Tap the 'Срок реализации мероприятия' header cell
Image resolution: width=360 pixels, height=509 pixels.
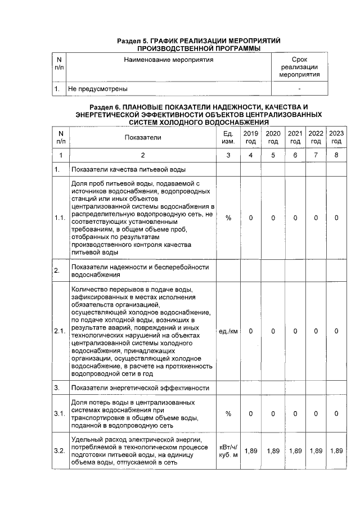pyautogui.click(x=299, y=67)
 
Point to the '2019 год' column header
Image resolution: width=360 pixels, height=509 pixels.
pyautogui.click(x=250, y=137)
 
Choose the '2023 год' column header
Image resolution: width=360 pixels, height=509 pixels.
pyautogui.click(x=336, y=137)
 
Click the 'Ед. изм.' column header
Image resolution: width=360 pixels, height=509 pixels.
pyautogui.click(x=228, y=137)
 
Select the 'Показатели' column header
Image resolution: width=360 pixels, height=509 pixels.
pyautogui.click(x=143, y=137)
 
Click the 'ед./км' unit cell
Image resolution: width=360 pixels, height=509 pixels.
pyautogui.click(x=228, y=331)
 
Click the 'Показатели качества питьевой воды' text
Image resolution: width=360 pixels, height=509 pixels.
pyautogui.click(x=129, y=169)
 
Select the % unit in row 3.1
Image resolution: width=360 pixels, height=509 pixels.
pyautogui.click(x=228, y=413)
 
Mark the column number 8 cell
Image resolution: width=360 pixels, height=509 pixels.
pyautogui.click(x=336, y=155)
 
